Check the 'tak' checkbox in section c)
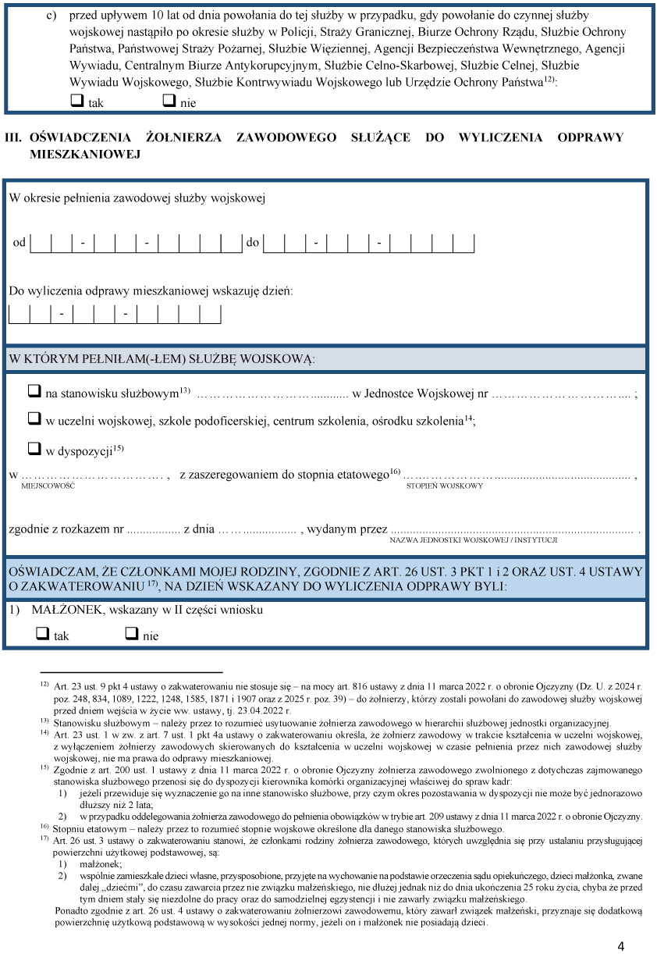[x=77, y=101]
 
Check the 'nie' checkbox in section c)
[x=169, y=101]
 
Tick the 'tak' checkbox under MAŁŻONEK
[x=43, y=634]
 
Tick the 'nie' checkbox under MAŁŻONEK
[x=132, y=634]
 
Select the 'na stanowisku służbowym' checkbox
[x=34, y=393]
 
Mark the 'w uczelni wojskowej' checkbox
[x=34, y=419]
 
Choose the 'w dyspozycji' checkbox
[x=34, y=449]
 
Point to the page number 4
[x=620, y=946]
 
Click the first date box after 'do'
[x=274, y=243]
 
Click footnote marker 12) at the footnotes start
[x=44, y=683]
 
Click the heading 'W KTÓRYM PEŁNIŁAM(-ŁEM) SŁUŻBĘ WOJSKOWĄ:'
[x=162, y=358]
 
